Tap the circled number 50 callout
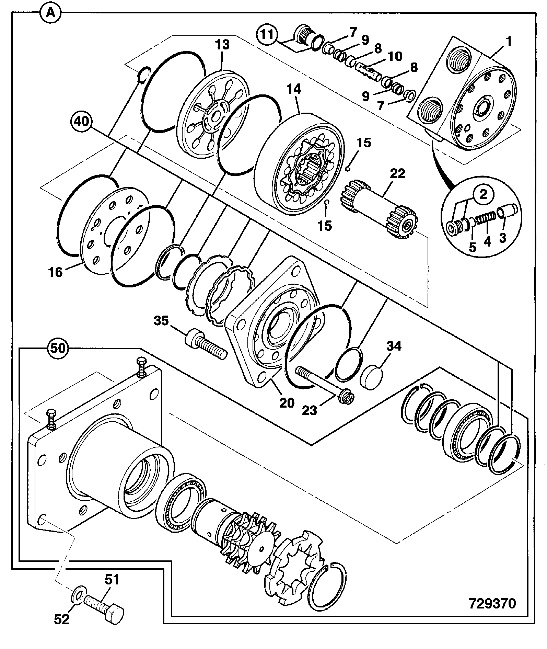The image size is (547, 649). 58,349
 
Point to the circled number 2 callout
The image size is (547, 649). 483,195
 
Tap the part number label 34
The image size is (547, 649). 394,346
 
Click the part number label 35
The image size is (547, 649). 161,321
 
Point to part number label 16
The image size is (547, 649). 56,272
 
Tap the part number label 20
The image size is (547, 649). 287,402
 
